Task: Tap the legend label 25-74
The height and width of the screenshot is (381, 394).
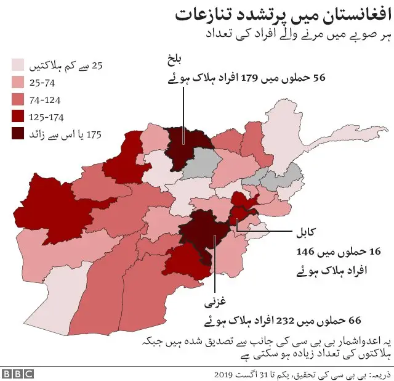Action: [46, 82]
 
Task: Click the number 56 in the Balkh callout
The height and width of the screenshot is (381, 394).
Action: [319, 78]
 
